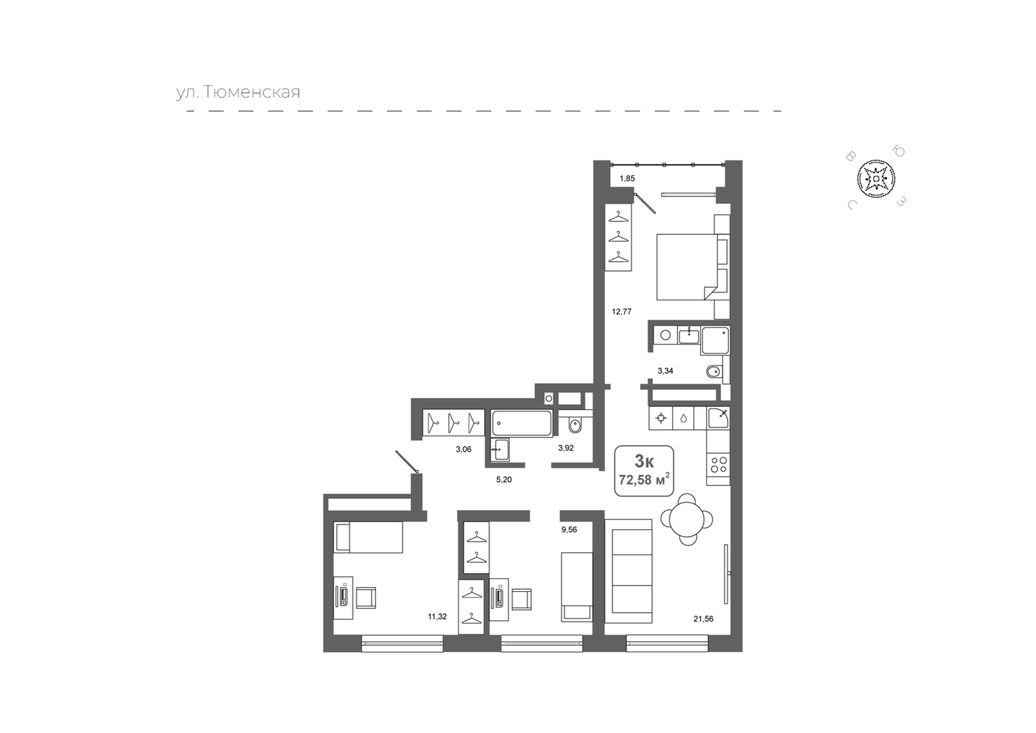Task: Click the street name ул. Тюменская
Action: click(238, 92)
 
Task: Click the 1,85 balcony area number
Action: click(627, 179)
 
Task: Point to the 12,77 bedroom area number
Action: click(622, 311)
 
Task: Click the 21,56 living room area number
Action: click(703, 619)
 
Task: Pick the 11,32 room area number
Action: click(437, 616)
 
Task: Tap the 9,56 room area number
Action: click(570, 530)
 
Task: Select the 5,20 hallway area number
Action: click(504, 480)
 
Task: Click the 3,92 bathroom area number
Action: click(566, 448)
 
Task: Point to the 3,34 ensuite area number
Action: click(665, 371)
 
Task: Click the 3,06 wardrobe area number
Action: click(464, 449)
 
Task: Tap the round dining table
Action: click(687, 519)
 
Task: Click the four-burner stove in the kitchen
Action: click(718, 465)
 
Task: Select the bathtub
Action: click(521, 423)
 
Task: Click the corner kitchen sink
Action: click(718, 418)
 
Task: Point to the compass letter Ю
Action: click(899, 151)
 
